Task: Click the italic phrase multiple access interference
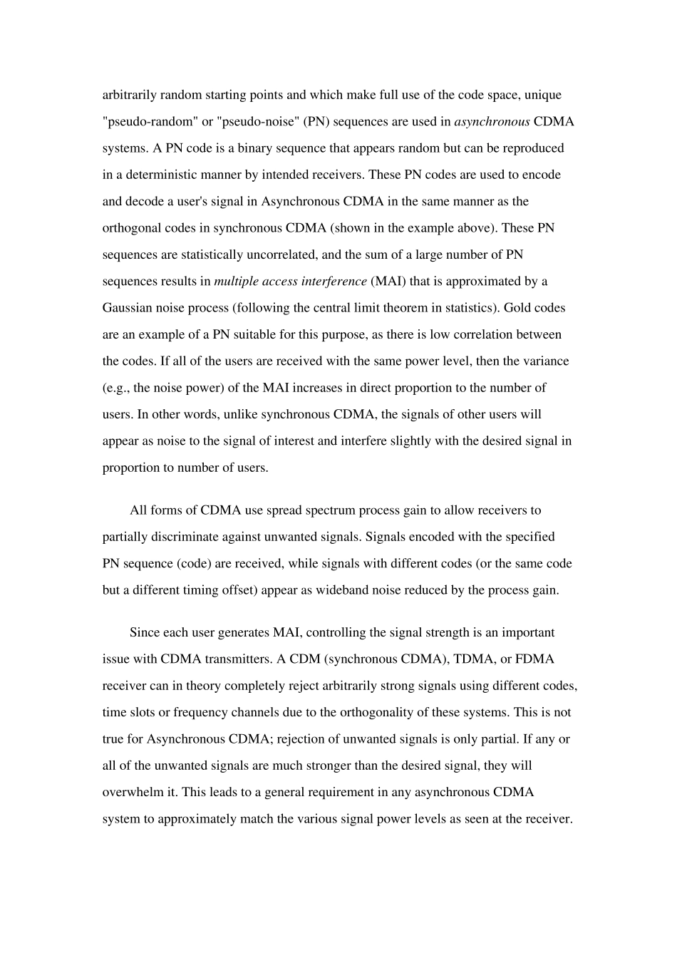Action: click(x=290, y=281)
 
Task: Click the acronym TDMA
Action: click(x=463, y=659)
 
